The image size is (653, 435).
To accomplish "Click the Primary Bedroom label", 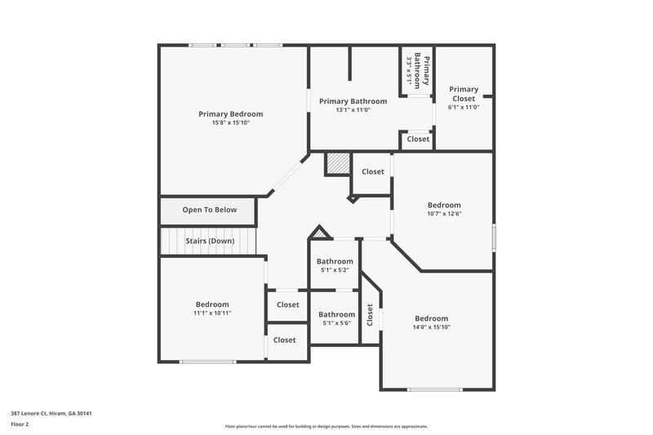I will click(x=231, y=114).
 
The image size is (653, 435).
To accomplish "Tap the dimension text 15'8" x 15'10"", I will click(x=231, y=123).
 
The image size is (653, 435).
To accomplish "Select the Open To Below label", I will click(x=210, y=210).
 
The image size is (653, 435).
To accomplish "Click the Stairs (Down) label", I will click(x=210, y=241).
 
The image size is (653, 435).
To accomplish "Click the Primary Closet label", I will click(x=464, y=93).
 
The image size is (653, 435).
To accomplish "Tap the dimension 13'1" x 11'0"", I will click(x=353, y=109).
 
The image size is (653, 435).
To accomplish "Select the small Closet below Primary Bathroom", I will click(x=418, y=140).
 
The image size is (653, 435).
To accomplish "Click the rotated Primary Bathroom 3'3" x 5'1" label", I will click(x=417, y=69).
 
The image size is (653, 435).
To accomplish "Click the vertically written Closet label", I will click(x=370, y=316).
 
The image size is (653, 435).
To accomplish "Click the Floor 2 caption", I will click(x=20, y=425).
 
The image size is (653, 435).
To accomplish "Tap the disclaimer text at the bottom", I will click(x=326, y=426).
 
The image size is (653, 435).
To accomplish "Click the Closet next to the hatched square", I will click(x=373, y=171).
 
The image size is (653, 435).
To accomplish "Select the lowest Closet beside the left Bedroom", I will click(x=285, y=340).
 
